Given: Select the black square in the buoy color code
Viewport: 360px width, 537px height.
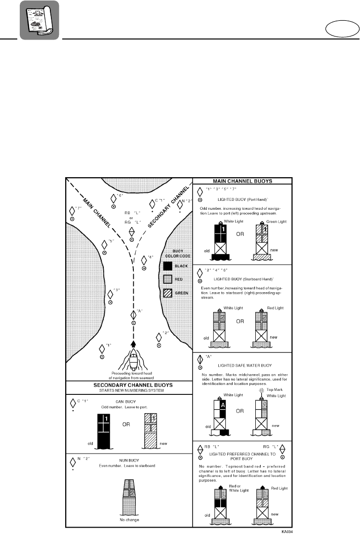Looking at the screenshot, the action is (x=167, y=267).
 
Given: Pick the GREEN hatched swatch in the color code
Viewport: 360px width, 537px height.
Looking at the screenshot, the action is (x=167, y=294).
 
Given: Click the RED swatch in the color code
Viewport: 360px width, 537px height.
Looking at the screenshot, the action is (x=167, y=280).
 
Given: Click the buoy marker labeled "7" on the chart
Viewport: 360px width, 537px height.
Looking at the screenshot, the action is (x=72, y=212).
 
